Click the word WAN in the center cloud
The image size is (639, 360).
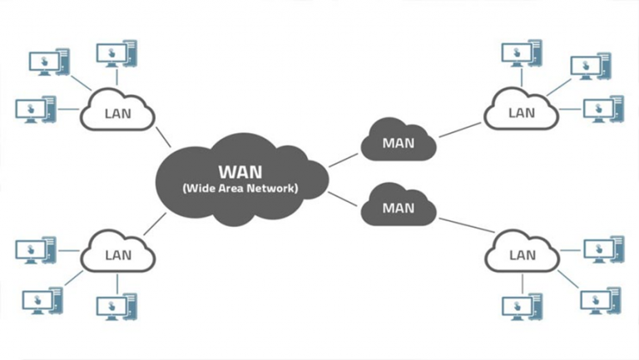(x=240, y=171)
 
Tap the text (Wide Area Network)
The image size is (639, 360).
(x=240, y=189)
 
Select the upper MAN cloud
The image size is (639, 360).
(x=398, y=142)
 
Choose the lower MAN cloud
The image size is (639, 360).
(x=398, y=207)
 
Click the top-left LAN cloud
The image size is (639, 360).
(x=117, y=112)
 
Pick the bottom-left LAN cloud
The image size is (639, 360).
(x=117, y=254)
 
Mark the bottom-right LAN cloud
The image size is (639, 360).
(x=522, y=254)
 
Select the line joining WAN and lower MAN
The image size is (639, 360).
(x=344, y=198)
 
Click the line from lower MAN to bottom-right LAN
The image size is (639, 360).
(x=463, y=224)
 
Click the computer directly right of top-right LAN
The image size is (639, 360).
(x=602, y=109)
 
